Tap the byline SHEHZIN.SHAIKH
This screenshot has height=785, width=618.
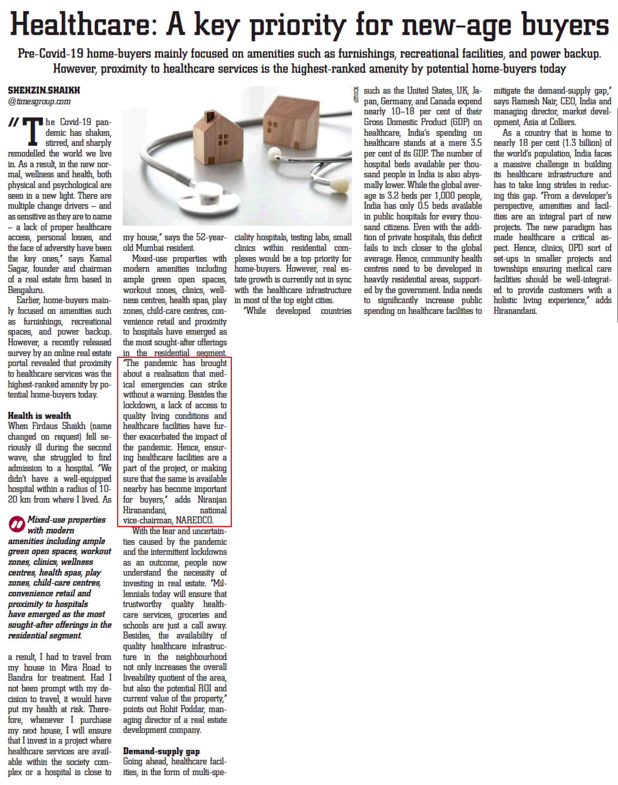point(44,90)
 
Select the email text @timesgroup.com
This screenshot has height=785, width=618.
point(39,102)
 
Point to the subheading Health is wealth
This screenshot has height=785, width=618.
point(39,416)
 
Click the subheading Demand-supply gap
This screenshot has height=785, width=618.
point(161,751)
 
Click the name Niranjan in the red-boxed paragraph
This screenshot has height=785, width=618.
point(212,500)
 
